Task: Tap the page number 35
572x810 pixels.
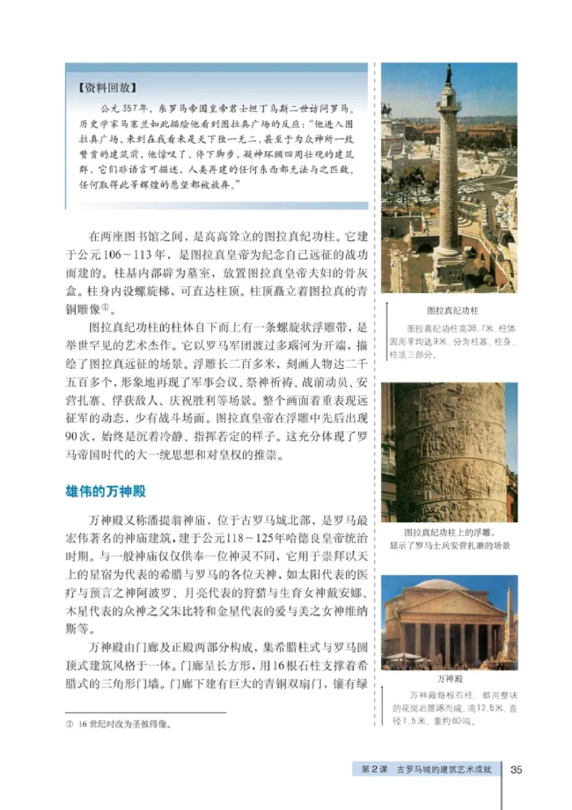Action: click(516, 769)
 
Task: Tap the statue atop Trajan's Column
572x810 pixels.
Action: click(448, 74)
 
